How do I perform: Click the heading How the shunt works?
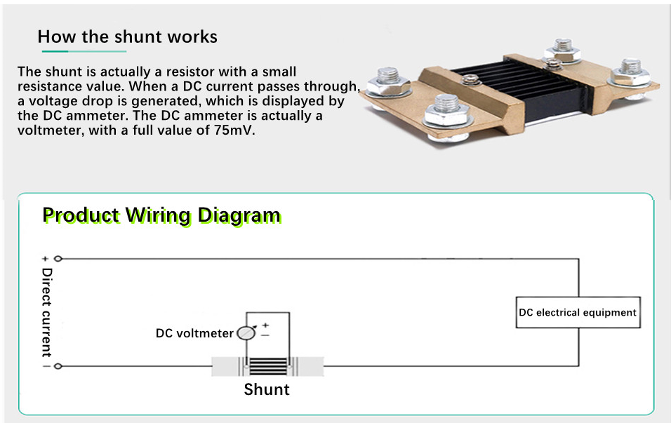(128, 36)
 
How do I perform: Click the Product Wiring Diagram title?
(161, 215)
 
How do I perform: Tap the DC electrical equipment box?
(578, 312)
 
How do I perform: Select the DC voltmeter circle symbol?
(246, 333)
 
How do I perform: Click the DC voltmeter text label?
(194, 333)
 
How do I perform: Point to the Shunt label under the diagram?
(267, 389)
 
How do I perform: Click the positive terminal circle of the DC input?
(58, 258)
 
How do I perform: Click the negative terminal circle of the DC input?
(58, 366)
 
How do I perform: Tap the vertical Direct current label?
(46, 313)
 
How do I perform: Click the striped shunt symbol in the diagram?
(268, 367)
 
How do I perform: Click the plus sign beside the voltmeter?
(265, 325)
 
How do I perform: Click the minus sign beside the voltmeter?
(265, 335)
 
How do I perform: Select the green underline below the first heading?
(84, 51)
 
